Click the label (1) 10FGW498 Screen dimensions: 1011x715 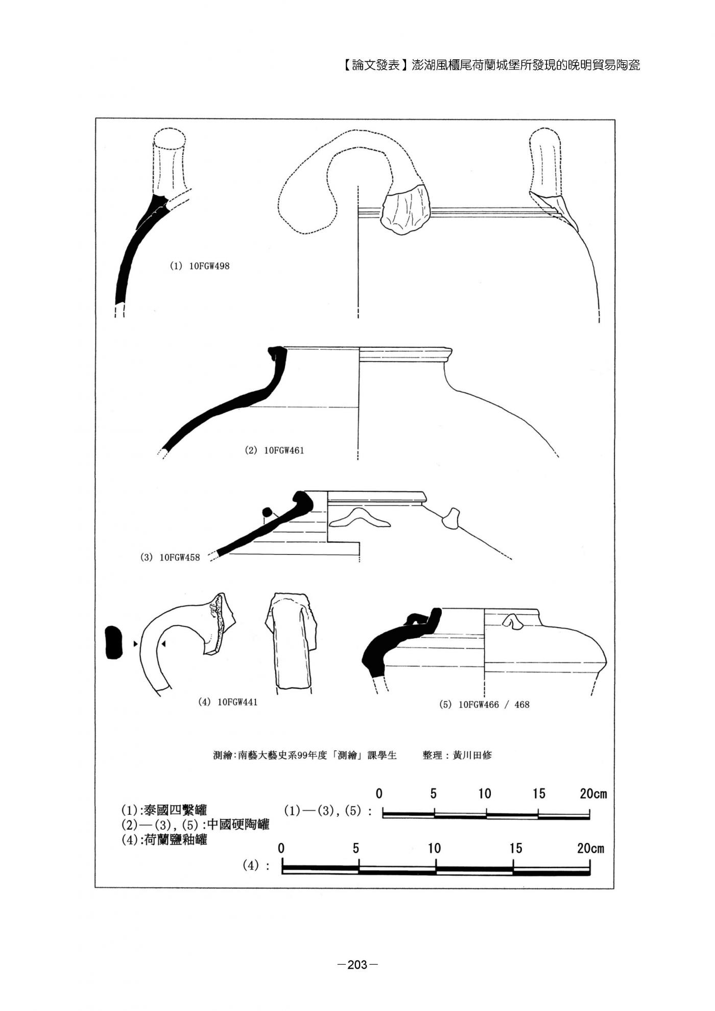199,266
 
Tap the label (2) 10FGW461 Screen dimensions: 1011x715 274,450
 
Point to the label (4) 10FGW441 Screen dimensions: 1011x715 228,702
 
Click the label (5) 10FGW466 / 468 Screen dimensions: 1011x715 484,705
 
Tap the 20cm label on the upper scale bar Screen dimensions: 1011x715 593,793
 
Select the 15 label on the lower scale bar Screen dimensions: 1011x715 516,848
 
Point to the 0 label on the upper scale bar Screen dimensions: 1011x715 379,793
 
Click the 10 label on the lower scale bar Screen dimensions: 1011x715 434,848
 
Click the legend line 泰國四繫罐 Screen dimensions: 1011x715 164,810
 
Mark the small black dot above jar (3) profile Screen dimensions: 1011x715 266,512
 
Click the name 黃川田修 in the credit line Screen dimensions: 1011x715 472,755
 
